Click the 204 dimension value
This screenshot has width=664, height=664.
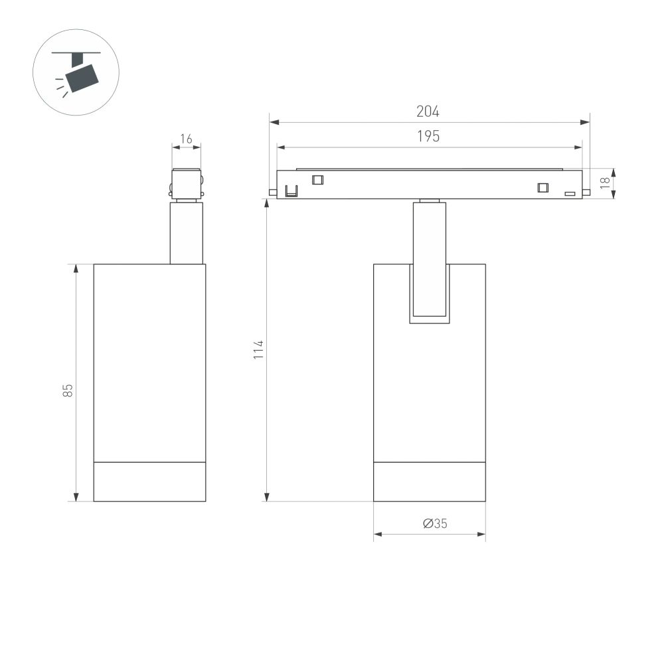pos(428,112)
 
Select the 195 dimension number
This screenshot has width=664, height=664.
pos(428,136)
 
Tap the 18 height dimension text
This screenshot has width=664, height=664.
pos(604,183)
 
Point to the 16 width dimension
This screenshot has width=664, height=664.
pos(186,139)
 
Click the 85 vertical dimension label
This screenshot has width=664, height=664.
pos(68,390)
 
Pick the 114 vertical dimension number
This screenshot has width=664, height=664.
pos(258,349)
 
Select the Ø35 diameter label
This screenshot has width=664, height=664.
pos(435,523)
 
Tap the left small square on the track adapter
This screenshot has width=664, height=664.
pos(317,179)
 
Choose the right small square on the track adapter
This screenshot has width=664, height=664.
pos(543,188)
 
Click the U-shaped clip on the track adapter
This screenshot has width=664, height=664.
pos(291,191)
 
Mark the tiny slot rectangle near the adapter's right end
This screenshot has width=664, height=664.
pos(569,194)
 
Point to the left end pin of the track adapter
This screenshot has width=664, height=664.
pos(272,193)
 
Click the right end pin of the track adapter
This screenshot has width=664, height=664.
pos(586,193)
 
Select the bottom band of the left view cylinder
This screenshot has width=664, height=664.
pos(149,481)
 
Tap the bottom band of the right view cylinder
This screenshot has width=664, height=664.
pos(429,481)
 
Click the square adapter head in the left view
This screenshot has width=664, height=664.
pos(186,183)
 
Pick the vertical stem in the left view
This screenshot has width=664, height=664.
pos(186,232)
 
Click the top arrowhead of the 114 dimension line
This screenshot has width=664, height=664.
pos(267,203)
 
